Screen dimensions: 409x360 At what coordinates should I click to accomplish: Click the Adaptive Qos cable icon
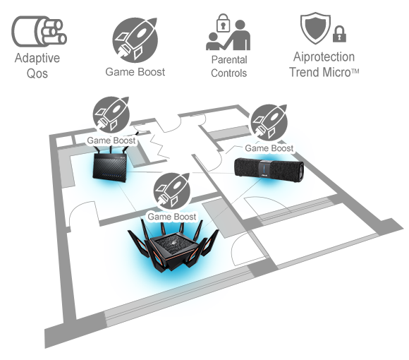39,31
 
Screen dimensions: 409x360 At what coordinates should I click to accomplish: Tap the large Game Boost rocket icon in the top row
135,40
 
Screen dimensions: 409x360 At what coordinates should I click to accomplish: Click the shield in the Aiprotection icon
315,28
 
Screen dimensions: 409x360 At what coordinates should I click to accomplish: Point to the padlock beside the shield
339,34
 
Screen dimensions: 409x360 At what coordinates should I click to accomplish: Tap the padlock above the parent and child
224,23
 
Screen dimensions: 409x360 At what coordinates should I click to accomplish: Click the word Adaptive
37,59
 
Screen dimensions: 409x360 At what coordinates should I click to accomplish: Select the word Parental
229,60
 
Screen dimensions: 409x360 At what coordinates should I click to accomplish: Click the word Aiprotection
324,57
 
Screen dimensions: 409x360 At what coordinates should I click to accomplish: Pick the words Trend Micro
324,72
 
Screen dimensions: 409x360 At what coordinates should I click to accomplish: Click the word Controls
228,73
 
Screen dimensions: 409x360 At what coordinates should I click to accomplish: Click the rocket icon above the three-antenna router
111,114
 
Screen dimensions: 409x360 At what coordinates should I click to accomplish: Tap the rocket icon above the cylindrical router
269,123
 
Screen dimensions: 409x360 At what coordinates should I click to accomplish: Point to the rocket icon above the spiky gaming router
172,191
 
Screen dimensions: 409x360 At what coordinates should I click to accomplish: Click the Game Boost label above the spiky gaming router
171,217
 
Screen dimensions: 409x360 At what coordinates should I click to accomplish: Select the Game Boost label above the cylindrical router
269,148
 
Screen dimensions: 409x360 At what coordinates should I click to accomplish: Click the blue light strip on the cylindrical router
264,168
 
